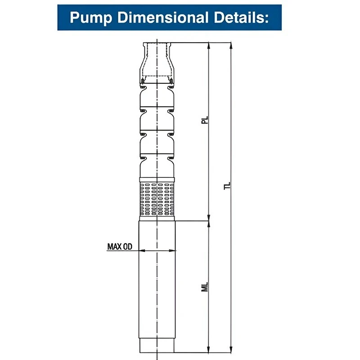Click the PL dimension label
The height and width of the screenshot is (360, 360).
click(205, 120)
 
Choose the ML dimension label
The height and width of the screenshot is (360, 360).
click(205, 287)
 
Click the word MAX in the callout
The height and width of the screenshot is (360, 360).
click(114, 247)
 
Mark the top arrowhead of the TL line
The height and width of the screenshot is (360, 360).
click(231, 45)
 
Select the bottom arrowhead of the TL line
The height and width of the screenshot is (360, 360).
click(231, 350)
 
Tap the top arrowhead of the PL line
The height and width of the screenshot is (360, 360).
click(209, 45)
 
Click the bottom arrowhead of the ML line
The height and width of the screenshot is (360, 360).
click(209, 350)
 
